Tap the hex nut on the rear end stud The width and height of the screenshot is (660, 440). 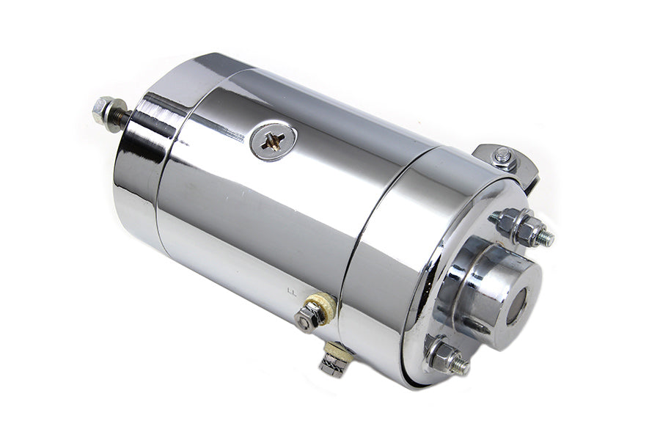point(103,109)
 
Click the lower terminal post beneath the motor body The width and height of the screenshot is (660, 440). point(334,362)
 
